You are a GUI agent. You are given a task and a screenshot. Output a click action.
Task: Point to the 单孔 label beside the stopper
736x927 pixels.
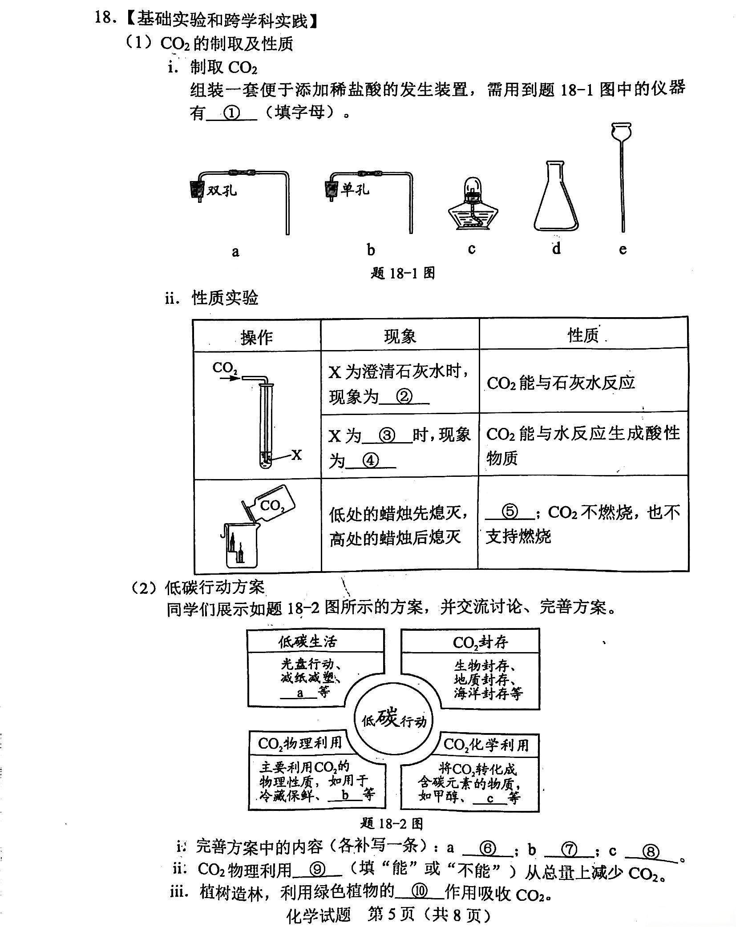point(355,189)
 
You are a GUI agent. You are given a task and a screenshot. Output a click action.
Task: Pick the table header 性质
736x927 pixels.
point(583,335)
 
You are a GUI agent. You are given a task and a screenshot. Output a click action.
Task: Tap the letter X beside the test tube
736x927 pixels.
point(296,455)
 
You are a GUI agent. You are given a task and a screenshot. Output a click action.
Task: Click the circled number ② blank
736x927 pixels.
point(404,396)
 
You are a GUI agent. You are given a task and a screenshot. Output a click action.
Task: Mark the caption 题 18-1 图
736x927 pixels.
point(403,273)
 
